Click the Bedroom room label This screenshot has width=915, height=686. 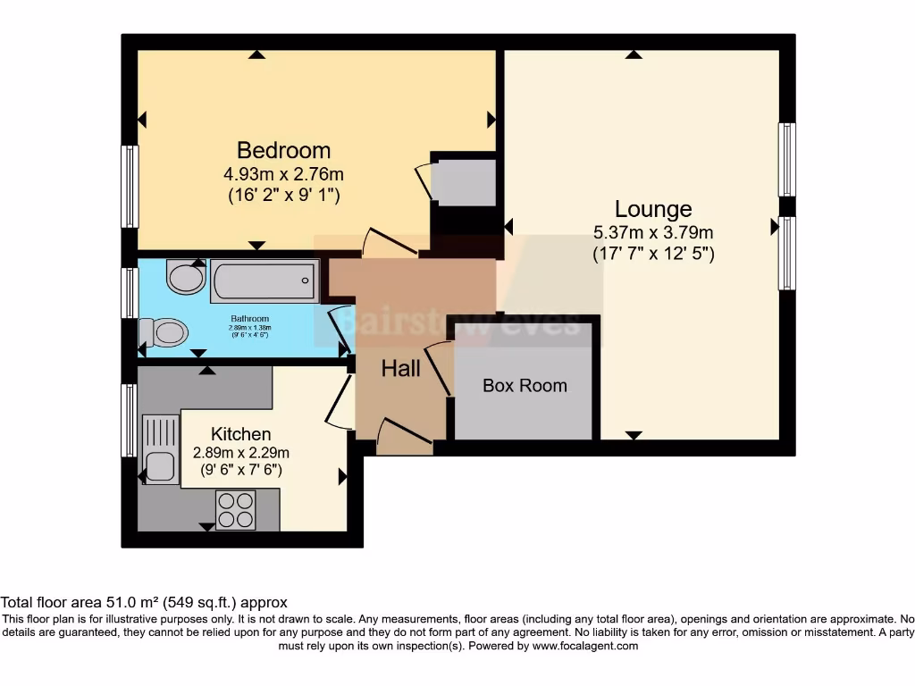point(283,150)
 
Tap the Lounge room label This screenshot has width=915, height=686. point(653,209)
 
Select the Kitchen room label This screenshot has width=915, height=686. point(240,434)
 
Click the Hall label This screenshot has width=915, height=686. point(401,368)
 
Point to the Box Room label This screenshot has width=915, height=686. point(525,386)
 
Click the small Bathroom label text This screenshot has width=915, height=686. point(250,319)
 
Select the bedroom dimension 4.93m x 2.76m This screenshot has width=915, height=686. point(282,174)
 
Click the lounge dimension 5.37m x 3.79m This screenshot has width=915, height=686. point(653,233)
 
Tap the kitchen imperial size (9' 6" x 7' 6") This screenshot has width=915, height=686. point(240,471)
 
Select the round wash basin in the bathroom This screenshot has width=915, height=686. point(186,278)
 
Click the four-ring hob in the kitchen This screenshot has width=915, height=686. point(236,510)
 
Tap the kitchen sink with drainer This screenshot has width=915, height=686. point(160,452)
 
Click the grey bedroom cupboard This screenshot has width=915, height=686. point(463,182)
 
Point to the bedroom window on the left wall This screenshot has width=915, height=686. point(130,186)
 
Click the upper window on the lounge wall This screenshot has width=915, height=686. point(787,159)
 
